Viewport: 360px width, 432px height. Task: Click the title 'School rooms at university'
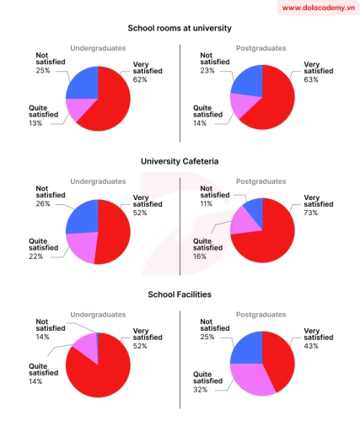coord(180,29)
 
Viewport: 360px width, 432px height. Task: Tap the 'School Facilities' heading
coord(180,294)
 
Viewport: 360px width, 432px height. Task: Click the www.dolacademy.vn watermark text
coord(315,8)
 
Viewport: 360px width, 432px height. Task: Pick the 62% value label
coord(139,79)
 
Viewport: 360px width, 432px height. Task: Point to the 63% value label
coord(310,79)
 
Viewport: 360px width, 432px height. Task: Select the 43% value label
coord(310,346)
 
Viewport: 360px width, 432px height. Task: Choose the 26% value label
coord(43,203)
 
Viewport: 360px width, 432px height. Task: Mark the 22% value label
coord(35,256)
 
